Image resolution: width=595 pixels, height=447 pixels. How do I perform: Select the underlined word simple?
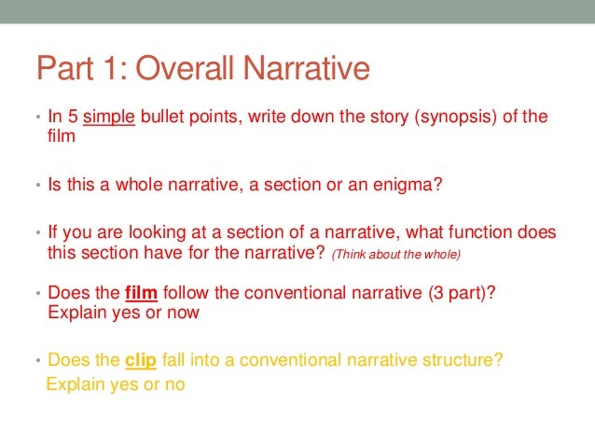110,117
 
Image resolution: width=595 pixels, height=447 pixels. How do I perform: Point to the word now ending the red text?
183,312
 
